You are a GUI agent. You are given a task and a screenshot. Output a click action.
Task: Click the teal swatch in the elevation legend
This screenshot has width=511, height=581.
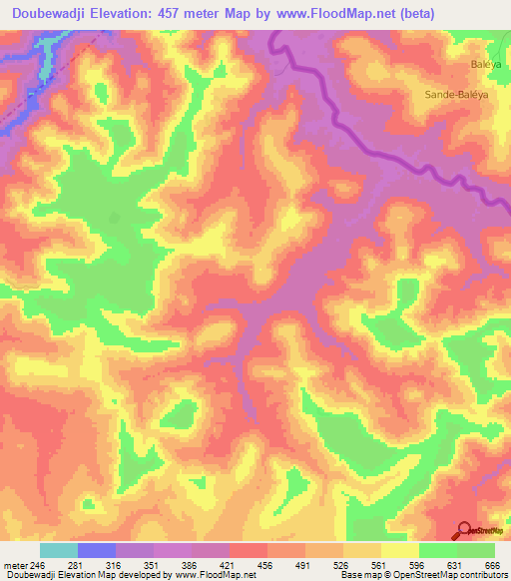tap(59, 550)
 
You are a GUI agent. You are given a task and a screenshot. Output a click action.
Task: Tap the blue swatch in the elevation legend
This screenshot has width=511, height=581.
tap(97, 550)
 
